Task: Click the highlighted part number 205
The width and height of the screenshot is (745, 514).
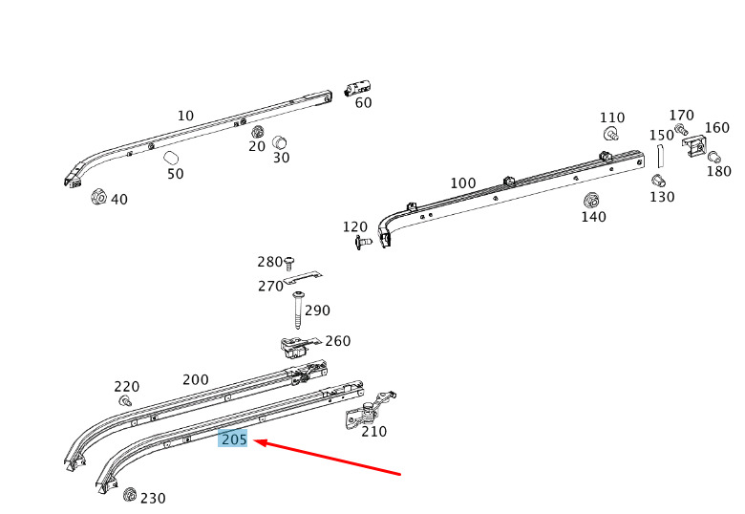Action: point(233,439)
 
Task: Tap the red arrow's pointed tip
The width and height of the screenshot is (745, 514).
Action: point(254,441)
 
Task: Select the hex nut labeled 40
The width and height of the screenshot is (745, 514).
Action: point(98,196)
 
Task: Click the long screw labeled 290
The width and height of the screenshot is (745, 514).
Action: point(299,310)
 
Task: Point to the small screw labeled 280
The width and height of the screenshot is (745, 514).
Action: point(288,263)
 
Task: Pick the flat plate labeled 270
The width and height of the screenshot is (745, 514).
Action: point(303,278)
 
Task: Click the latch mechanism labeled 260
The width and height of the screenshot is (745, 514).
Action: point(295,348)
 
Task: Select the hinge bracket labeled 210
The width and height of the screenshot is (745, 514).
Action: point(369,412)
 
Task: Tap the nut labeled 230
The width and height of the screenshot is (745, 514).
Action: point(129,495)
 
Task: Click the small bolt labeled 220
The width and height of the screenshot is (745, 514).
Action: point(125,400)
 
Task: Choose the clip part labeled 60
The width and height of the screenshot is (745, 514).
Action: point(357,89)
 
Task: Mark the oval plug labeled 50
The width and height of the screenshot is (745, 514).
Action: point(171,158)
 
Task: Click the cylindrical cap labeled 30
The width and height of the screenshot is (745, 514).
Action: point(279,142)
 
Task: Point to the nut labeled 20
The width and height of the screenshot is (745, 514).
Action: point(258,133)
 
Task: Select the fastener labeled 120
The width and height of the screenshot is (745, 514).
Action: point(364,243)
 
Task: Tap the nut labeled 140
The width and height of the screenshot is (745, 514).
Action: point(590,201)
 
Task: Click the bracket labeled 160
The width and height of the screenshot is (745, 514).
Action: point(694,145)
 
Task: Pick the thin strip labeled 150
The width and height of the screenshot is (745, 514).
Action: point(659,156)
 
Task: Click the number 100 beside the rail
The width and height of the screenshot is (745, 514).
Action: point(463,182)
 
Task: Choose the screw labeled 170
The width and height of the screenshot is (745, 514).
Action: point(680,129)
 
